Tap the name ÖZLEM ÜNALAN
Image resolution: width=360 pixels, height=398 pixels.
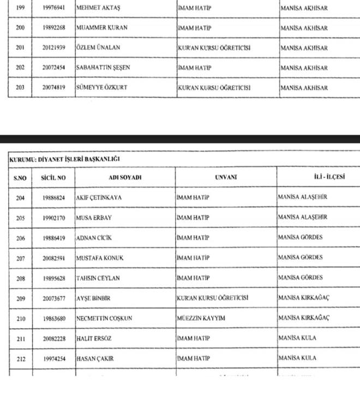point(98,48)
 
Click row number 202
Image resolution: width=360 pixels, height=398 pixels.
point(20,68)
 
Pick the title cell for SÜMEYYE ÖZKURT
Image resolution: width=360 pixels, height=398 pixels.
point(213,88)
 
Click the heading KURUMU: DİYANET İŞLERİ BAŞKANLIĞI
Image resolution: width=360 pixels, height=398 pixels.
point(65,159)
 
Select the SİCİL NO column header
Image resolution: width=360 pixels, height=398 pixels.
point(53,178)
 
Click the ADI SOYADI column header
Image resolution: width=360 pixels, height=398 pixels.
point(125,178)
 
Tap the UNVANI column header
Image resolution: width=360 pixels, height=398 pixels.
point(226,177)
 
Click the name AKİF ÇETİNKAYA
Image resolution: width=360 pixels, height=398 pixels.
point(99,198)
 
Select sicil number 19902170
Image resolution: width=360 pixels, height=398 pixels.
point(54,218)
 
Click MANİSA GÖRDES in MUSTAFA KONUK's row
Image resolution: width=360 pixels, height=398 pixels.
point(301,258)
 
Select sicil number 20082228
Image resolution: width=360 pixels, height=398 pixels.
point(54,338)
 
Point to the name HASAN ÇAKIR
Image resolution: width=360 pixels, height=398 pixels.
point(95,358)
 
